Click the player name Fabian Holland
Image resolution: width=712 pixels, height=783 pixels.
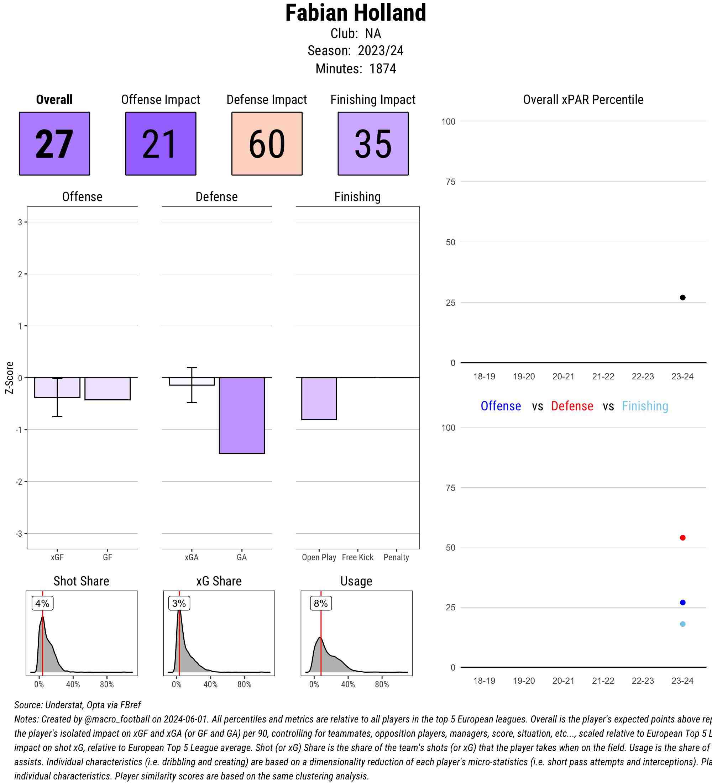click(x=355, y=13)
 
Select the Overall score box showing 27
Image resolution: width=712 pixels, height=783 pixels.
click(x=54, y=144)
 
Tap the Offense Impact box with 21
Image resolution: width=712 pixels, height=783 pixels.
click(x=161, y=144)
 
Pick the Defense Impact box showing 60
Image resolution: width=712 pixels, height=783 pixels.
click(x=267, y=144)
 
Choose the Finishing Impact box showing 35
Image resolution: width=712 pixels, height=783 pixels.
click(x=373, y=144)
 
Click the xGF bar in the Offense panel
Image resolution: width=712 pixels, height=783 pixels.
click(x=57, y=388)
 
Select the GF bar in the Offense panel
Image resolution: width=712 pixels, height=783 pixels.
click(x=108, y=389)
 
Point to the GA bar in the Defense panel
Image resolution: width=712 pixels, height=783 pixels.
click(x=242, y=415)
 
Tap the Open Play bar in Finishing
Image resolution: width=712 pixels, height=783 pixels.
click(x=319, y=399)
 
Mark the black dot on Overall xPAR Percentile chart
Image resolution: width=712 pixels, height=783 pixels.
click(x=682, y=298)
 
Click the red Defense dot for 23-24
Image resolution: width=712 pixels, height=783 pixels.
click(x=682, y=537)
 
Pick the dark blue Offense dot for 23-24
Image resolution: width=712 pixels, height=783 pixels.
click(x=682, y=603)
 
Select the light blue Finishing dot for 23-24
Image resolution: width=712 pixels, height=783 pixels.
click(x=682, y=624)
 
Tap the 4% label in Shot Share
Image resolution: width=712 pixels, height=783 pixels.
click(x=42, y=603)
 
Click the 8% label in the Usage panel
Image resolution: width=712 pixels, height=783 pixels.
click(x=321, y=603)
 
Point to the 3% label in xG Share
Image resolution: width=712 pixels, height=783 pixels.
click(x=179, y=603)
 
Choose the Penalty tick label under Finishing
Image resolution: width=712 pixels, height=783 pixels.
click(x=396, y=557)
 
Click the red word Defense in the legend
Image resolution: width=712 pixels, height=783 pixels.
click(x=572, y=406)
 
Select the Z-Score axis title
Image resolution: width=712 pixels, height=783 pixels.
click(x=10, y=378)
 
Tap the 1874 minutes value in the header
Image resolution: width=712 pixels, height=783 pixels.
click(x=383, y=69)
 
